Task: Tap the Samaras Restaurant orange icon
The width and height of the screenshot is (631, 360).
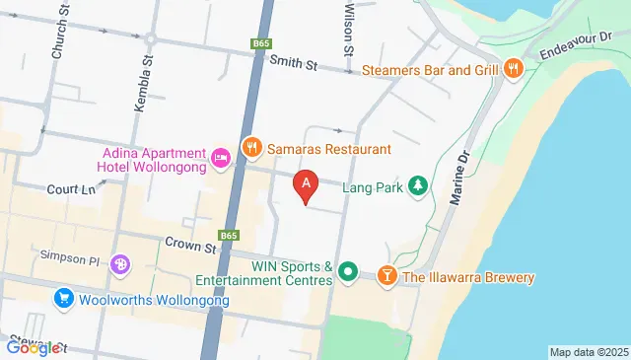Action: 251,148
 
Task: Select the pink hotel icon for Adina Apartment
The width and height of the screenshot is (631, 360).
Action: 220,157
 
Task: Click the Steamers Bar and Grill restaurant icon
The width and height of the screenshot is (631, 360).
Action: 513,69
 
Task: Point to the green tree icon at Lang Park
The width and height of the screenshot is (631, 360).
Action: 419,185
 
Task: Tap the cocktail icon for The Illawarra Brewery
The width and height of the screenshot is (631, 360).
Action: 386,277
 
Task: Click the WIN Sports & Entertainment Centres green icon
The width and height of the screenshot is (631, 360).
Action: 347,270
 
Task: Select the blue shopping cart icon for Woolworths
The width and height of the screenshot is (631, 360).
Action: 64,297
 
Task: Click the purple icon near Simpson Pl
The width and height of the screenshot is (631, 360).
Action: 119,264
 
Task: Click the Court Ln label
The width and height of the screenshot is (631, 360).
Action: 69,188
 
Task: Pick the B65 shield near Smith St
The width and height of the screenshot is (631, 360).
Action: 260,44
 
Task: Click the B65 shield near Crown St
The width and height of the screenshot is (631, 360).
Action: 229,236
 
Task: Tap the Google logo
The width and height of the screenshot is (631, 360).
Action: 33,347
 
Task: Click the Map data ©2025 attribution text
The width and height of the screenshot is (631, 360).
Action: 588,352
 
